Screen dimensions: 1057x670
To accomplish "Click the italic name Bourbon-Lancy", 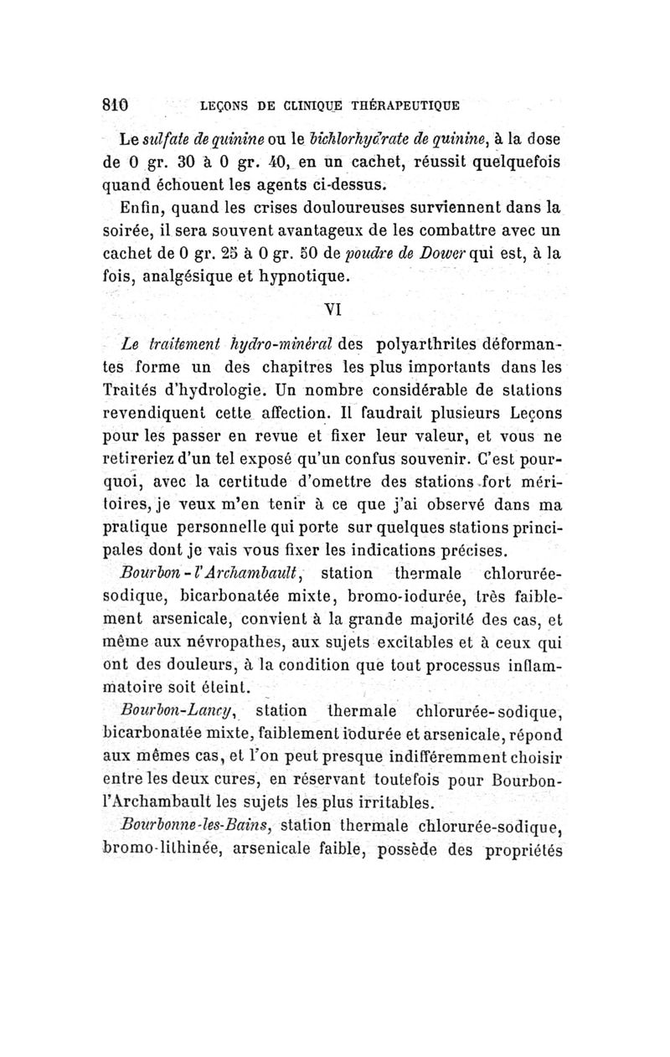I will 188,712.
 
